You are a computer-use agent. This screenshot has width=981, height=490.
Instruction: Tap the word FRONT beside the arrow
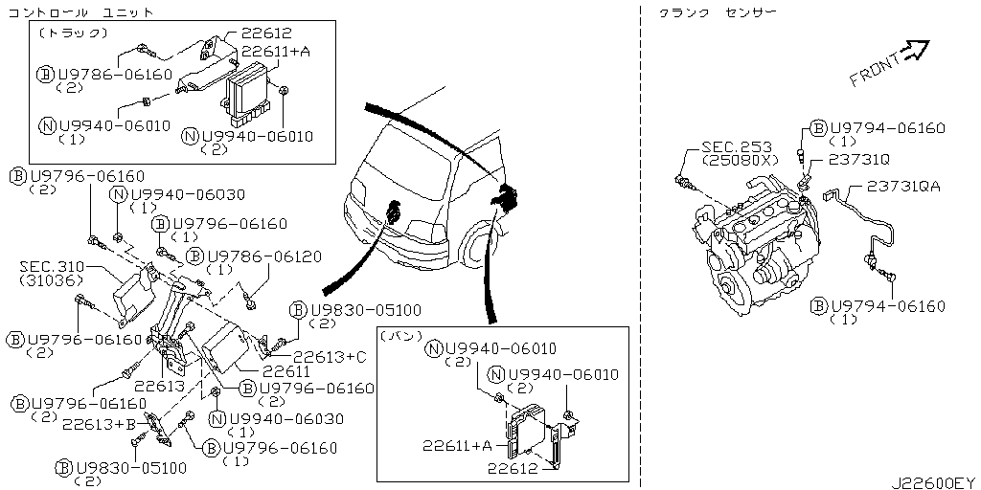pyautogui.click(x=873, y=68)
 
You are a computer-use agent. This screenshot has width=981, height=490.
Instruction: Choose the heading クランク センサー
pyautogui.click(x=717, y=11)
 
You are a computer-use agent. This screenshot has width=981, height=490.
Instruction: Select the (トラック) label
pyautogui.click(x=72, y=32)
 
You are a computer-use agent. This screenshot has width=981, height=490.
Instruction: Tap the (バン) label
pyautogui.click(x=401, y=336)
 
